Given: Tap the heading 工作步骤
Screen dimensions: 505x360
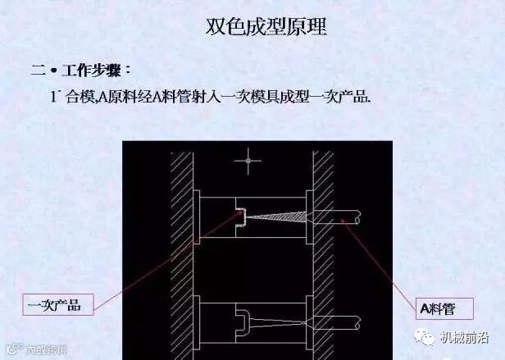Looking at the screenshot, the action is [97, 70].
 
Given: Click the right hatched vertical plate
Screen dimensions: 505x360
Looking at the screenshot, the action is [322, 246].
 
